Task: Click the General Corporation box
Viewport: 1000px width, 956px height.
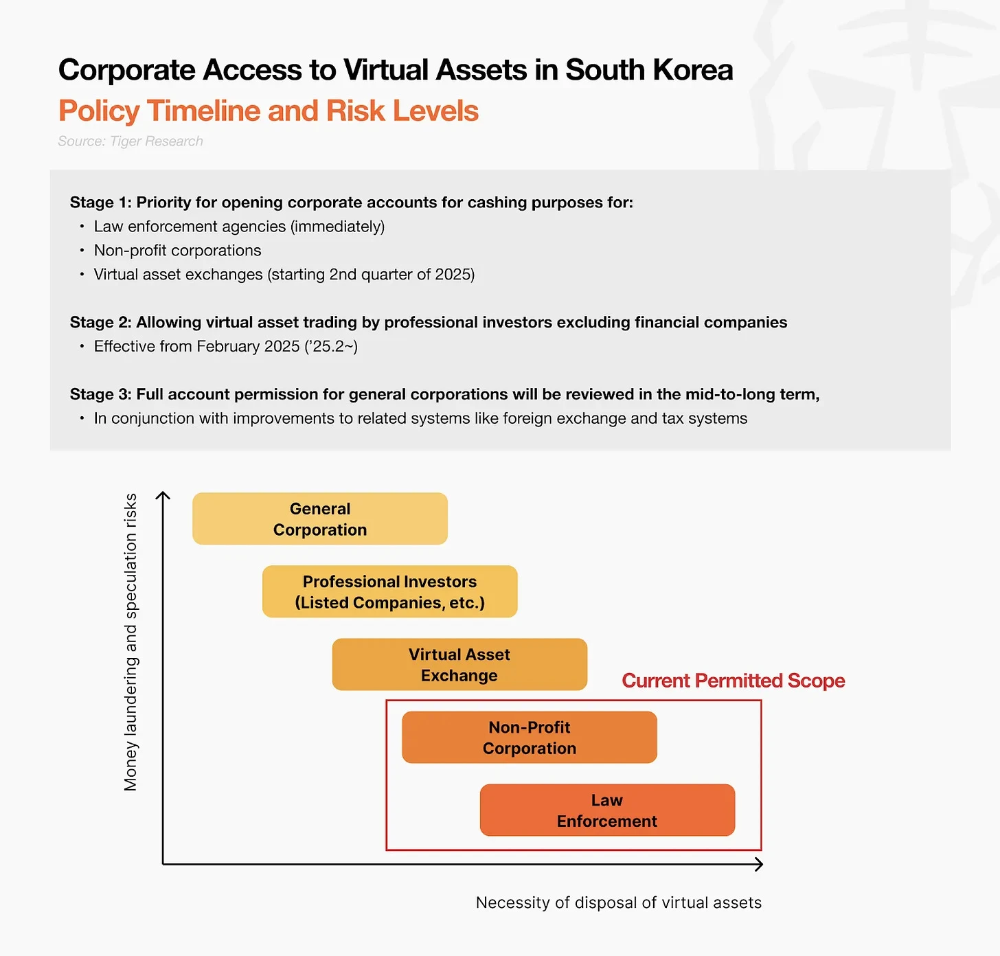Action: [320, 519]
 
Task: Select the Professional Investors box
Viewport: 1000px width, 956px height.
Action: [389, 591]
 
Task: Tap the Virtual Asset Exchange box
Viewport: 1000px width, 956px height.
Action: [459, 664]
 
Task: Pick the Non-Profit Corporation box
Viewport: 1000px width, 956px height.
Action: [529, 737]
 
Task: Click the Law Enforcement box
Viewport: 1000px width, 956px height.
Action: [607, 810]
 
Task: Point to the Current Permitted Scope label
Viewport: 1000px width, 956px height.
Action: [733, 681]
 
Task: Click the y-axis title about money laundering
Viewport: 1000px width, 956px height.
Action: [130, 642]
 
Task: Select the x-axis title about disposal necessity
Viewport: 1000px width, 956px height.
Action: [618, 902]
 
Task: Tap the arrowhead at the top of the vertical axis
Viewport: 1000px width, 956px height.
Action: [163, 494]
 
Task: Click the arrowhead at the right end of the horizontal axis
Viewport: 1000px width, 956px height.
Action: [759, 864]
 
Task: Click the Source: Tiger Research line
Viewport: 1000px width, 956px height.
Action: [130, 141]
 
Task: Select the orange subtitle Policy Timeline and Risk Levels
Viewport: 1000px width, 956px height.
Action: [268, 111]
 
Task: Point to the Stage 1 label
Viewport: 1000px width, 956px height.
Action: [100, 203]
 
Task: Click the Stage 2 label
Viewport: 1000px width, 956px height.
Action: [100, 323]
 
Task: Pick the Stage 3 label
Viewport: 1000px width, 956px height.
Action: [100, 394]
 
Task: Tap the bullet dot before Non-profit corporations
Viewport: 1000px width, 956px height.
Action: [82, 251]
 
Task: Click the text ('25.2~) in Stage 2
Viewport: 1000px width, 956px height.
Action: [330, 346]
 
